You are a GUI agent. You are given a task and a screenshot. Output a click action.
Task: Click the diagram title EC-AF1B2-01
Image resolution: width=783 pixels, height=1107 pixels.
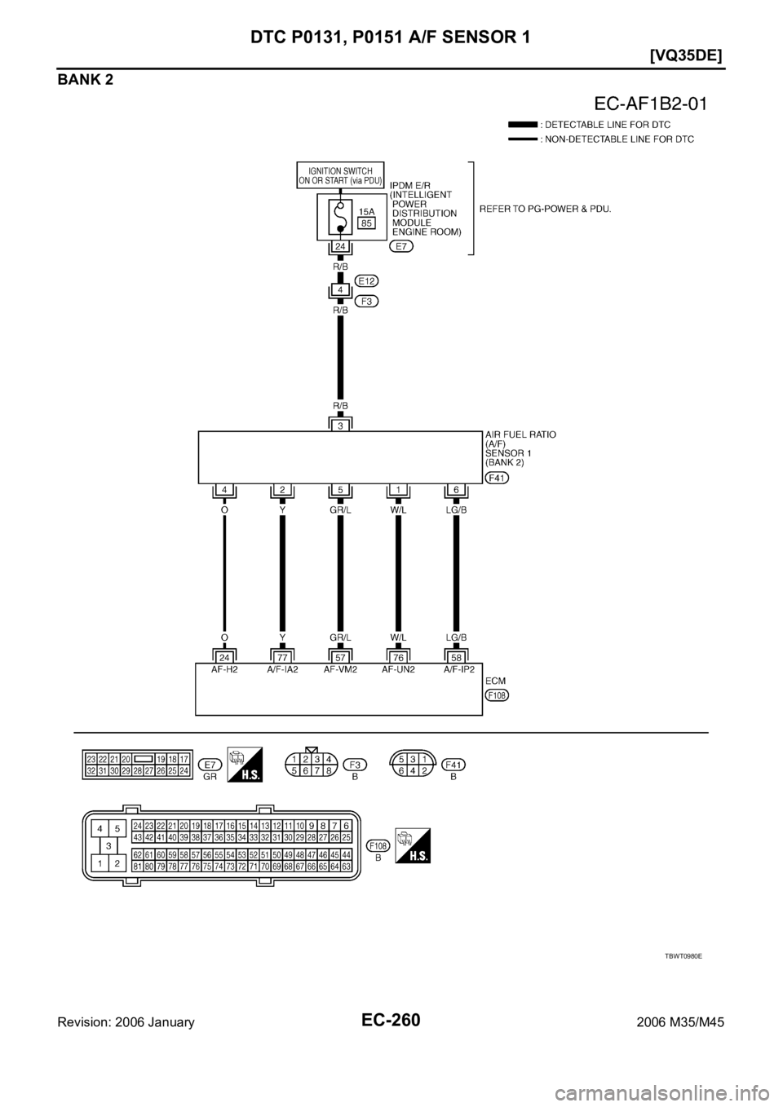pyautogui.click(x=649, y=104)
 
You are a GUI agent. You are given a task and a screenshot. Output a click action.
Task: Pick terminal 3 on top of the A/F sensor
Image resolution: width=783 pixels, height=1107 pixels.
pyautogui.click(x=341, y=424)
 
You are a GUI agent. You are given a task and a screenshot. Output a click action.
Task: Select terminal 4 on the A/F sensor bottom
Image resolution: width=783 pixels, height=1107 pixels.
pyautogui.click(x=223, y=490)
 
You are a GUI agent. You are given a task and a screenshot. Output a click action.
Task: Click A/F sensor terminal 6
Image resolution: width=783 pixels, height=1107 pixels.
pyautogui.click(x=456, y=490)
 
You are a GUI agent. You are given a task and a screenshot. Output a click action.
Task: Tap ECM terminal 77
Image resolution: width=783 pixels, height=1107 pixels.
pyautogui.click(x=282, y=655)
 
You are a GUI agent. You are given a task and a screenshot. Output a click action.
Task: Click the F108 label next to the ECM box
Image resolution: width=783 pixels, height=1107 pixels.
pyautogui.click(x=496, y=695)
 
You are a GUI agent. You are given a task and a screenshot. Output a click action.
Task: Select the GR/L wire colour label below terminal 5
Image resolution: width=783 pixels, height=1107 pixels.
pyautogui.click(x=341, y=507)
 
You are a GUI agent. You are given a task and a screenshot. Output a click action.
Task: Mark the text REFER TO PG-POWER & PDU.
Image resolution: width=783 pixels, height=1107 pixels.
pyautogui.click(x=546, y=209)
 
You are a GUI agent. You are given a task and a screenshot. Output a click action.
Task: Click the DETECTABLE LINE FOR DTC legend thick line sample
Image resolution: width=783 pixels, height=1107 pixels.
pyautogui.click(x=522, y=125)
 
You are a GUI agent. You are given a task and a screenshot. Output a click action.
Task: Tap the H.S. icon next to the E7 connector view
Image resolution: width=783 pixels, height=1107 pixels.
pyautogui.click(x=245, y=766)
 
